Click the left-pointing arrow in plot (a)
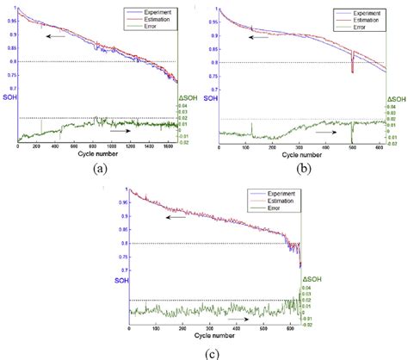[x=57, y=37]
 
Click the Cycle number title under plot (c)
[x=211, y=336]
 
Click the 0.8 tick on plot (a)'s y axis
[x=12, y=62]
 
